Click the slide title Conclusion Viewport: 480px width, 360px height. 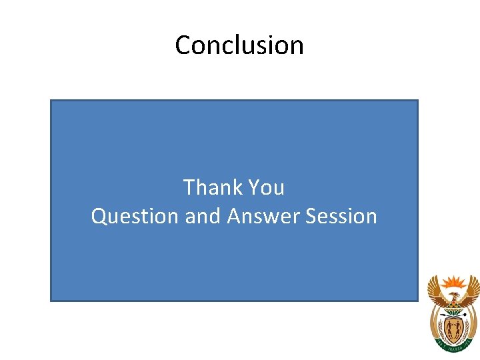coord(239,45)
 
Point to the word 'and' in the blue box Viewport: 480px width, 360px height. coord(203,217)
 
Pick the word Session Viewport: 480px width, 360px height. coord(341,217)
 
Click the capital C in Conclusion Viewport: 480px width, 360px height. coord(183,45)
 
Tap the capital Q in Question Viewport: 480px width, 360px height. coord(99,217)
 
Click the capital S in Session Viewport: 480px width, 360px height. coord(311,217)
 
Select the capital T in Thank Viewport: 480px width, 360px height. coord(189,187)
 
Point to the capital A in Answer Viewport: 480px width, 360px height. coord(234,217)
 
